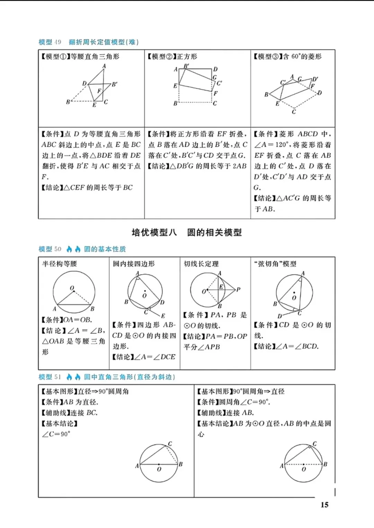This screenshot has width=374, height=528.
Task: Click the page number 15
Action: [x=324, y=505]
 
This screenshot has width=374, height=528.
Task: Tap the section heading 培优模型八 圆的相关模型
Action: [x=187, y=232]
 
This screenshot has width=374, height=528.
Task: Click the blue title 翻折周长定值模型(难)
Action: [x=104, y=42]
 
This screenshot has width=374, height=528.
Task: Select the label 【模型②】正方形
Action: [x=172, y=56]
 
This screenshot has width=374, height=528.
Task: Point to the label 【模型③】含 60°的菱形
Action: [x=287, y=56]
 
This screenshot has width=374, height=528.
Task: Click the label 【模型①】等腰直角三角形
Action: [x=80, y=56]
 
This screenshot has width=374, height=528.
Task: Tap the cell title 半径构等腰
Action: [x=60, y=264]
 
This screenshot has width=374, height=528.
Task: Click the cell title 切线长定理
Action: [x=201, y=264]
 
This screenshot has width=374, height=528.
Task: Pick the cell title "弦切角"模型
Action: [x=275, y=264]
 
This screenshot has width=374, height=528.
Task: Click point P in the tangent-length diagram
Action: [x=239, y=289]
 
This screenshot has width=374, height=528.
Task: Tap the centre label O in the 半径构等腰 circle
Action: [x=72, y=288]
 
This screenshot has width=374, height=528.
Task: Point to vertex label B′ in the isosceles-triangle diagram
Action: [x=115, y=84]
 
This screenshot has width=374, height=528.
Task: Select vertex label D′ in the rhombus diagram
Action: [x=315, y=79]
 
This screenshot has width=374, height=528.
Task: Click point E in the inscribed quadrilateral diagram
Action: [x=163, y=316]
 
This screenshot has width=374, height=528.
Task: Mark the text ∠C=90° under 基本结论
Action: [x=56, y=434]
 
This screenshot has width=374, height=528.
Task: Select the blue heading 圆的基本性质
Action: [x=105, y=249]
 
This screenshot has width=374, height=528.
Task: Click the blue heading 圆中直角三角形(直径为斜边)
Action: [x=130, y=377]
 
